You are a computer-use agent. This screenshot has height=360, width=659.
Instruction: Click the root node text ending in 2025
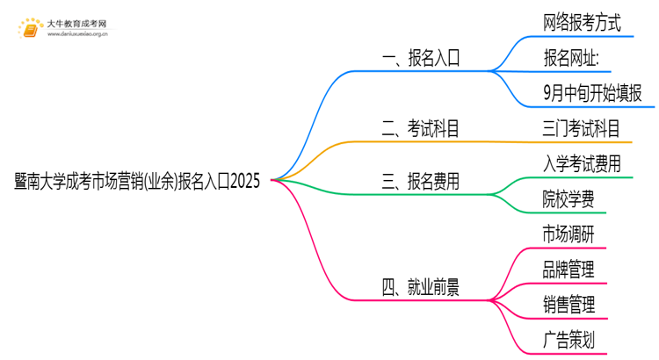coord(137,181)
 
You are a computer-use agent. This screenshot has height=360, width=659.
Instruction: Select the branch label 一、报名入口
coord(421,60)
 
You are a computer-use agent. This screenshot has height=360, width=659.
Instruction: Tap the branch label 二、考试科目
coord(421,130)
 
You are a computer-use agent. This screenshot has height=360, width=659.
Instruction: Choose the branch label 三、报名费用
coord(421,182)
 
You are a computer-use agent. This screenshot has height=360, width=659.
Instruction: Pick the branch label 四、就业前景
coord(421,286)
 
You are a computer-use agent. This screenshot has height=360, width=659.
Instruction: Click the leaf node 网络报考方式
coord(582,24)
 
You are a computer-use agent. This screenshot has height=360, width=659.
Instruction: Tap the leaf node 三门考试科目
coord(582,129)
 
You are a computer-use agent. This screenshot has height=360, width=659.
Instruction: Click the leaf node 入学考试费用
coord(582,164)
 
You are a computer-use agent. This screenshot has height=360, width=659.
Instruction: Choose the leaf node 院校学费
coord(568,199)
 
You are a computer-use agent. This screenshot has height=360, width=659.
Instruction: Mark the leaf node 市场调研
coord(568,234)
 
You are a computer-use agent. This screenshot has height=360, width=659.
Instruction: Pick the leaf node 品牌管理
coord(568,269)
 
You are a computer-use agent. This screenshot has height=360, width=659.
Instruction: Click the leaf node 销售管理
coord(568,304)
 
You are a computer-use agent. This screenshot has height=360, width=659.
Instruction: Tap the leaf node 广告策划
coord(568,339)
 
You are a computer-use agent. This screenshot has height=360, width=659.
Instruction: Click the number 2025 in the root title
coord(244,181)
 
